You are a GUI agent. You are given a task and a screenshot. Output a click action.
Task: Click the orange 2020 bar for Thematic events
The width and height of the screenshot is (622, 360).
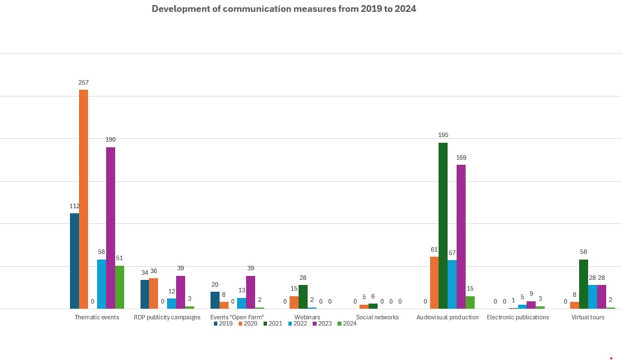84,199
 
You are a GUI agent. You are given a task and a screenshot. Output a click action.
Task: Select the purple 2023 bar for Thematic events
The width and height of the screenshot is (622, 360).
111,228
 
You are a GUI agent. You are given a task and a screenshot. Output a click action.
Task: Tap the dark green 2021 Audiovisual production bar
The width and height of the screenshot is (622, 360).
443,226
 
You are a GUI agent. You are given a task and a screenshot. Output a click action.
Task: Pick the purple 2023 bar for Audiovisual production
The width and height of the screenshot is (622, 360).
461,236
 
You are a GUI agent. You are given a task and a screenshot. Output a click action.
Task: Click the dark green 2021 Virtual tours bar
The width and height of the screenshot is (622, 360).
584,284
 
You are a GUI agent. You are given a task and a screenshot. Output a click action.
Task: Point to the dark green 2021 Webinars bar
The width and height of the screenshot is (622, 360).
303,297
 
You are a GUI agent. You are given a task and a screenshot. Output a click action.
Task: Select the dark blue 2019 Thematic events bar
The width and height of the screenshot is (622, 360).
75,261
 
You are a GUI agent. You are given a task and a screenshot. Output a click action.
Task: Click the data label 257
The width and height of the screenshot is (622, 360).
84,82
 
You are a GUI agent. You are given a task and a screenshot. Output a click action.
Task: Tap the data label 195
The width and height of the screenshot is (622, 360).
443,135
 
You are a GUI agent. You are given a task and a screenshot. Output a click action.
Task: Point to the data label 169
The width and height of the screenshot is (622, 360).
461,157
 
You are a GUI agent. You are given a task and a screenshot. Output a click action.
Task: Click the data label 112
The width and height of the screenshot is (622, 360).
75,206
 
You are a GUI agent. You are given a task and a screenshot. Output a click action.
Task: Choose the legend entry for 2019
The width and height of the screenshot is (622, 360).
222,324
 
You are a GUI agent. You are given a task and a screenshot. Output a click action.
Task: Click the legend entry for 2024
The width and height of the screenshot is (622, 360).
347,324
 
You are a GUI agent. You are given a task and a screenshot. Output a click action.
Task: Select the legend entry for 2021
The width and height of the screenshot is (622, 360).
272,324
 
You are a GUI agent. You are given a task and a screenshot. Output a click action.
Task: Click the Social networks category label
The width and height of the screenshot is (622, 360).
377,317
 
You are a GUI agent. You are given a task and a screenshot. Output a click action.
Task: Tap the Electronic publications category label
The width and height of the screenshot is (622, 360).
518,317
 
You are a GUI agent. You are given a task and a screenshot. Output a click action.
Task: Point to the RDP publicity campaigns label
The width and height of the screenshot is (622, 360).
167,317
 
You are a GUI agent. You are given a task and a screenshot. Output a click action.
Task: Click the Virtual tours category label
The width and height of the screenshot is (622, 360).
588,317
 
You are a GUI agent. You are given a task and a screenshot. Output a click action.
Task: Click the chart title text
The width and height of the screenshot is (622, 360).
284,9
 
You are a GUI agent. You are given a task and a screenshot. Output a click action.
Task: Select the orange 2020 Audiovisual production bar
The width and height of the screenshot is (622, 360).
434,283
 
